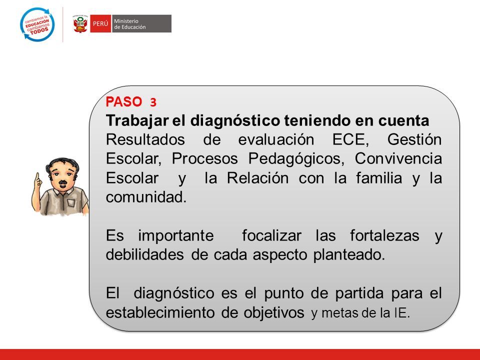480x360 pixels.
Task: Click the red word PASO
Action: (124, 101)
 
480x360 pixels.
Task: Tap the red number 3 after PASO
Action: (153, 102)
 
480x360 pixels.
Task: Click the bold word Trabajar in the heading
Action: (137, 121)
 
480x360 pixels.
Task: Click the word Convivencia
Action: (398, 158)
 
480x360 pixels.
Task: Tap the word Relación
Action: (258, 178)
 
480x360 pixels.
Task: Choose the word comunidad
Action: (146, 197)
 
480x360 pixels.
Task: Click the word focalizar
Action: (272, 235)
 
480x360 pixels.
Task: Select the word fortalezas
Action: (384, 235)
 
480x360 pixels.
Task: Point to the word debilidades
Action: (145, 254)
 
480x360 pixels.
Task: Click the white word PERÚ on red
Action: (100, 23)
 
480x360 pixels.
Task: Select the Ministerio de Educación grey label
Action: (141, 23)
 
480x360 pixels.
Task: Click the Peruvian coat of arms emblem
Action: (80, 23)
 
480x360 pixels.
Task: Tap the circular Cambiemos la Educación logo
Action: (37, 24)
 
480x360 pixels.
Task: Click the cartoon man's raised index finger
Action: (37, 178)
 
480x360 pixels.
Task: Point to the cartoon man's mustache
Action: (63, 183)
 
